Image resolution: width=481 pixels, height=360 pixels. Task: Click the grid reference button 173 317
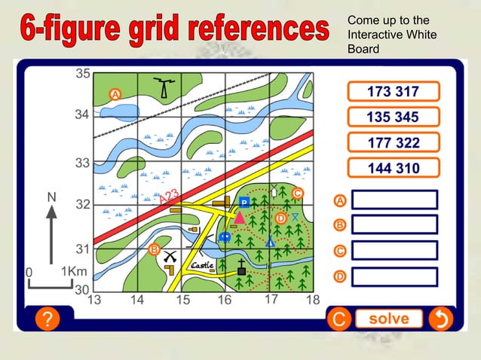point(392,92)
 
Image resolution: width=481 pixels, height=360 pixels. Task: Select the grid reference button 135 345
point(392,117)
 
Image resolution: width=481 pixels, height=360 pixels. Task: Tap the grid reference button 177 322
point(392,143)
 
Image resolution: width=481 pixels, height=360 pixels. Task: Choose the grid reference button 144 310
point(392,168)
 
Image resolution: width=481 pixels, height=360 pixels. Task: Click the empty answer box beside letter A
point(394,200)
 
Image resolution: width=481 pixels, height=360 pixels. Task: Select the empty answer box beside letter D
point(394,276)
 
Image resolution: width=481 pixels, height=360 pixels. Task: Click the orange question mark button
point(47,319)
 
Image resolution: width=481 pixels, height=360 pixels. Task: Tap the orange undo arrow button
point(439,319)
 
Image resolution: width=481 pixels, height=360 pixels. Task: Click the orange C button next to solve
point(339,319)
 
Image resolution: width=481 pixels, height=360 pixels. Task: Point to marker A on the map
point(115,94)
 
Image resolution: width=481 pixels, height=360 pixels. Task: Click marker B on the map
point(154,249)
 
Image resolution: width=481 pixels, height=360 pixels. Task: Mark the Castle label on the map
point(202,266)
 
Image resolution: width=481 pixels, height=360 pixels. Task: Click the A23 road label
point(169,197)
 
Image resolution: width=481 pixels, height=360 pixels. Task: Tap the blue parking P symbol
point(244,202)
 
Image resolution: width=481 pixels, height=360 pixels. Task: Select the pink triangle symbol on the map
point(239,218)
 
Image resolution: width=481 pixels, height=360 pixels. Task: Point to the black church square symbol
point(241,270)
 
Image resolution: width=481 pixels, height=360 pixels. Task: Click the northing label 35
point(82,74)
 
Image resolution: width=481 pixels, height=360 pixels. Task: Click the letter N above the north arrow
point(51,197)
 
